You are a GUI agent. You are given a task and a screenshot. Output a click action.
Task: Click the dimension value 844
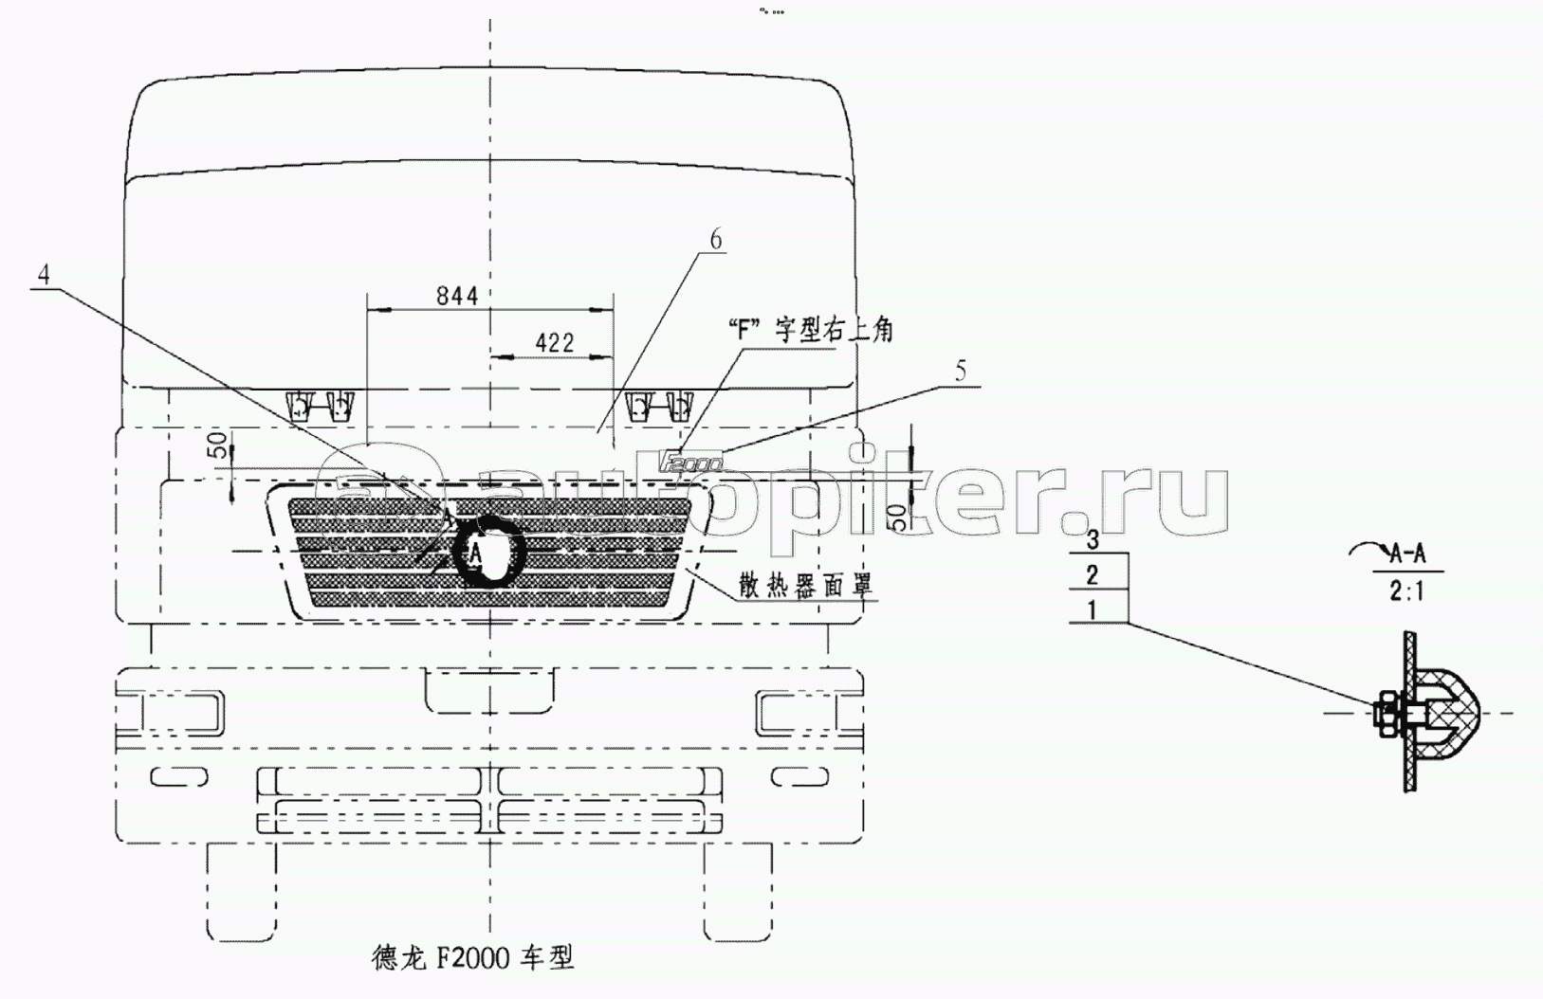click(x=456, y=296)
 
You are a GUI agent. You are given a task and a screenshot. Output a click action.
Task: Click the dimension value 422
click(x=554, y=342)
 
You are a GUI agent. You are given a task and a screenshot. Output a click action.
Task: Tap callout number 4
click(x=44, y=275)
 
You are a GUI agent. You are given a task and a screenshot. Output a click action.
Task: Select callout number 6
click(x=715, y=239)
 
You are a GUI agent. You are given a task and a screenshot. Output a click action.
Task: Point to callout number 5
click(x=961, y=371)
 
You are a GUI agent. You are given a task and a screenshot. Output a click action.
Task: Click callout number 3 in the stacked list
click(x=1093, y=540)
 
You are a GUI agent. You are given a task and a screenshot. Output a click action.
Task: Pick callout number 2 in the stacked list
click(x=1093, y=573)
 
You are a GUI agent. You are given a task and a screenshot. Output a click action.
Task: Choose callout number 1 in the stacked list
click(x=1093, y=609)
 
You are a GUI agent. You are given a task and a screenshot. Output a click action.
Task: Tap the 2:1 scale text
click(x=1406, y=592)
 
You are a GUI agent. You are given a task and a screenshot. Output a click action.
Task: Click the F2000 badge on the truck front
click(x=690, y=462)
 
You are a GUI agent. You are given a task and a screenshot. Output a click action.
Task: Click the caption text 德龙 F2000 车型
click(x=473, y=958)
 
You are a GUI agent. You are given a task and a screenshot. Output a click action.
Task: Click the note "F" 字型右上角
click(x=808, y=330)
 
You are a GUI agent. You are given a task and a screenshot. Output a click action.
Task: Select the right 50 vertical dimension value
click(x=896, y=517)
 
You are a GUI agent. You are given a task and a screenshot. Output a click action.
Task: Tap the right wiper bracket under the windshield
click(x=659, y=407)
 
